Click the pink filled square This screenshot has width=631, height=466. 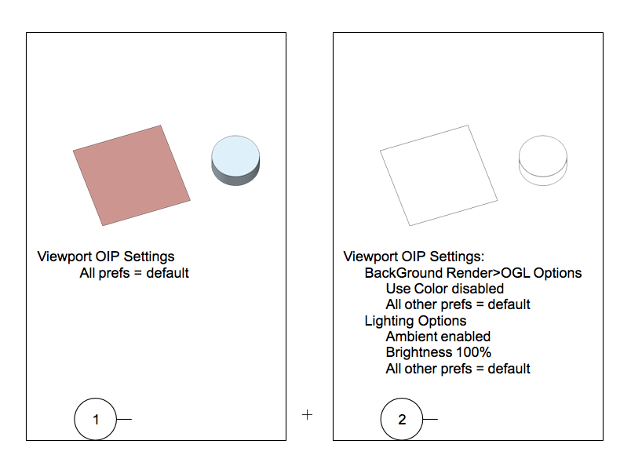click(132, 176)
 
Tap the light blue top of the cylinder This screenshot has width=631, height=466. click(235, 156)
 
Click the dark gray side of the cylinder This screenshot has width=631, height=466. click(235, 180)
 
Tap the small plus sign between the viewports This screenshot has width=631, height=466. click(307, 414)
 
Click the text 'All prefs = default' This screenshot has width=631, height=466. click(134, 273)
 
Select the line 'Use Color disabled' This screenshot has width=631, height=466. click(445, 289)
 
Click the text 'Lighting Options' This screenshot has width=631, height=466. click(415, 321)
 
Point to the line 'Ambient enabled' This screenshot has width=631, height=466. click(438, 337)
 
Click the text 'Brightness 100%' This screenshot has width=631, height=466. click(439, 352)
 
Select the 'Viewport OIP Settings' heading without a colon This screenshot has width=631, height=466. click(106, 257)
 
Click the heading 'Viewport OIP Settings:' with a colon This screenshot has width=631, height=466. click(414, 257)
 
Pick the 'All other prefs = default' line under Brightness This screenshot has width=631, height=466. click(458, 369)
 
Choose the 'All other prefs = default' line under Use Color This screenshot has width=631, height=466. click(458, 304)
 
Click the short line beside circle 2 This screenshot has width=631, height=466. click(430, 419)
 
